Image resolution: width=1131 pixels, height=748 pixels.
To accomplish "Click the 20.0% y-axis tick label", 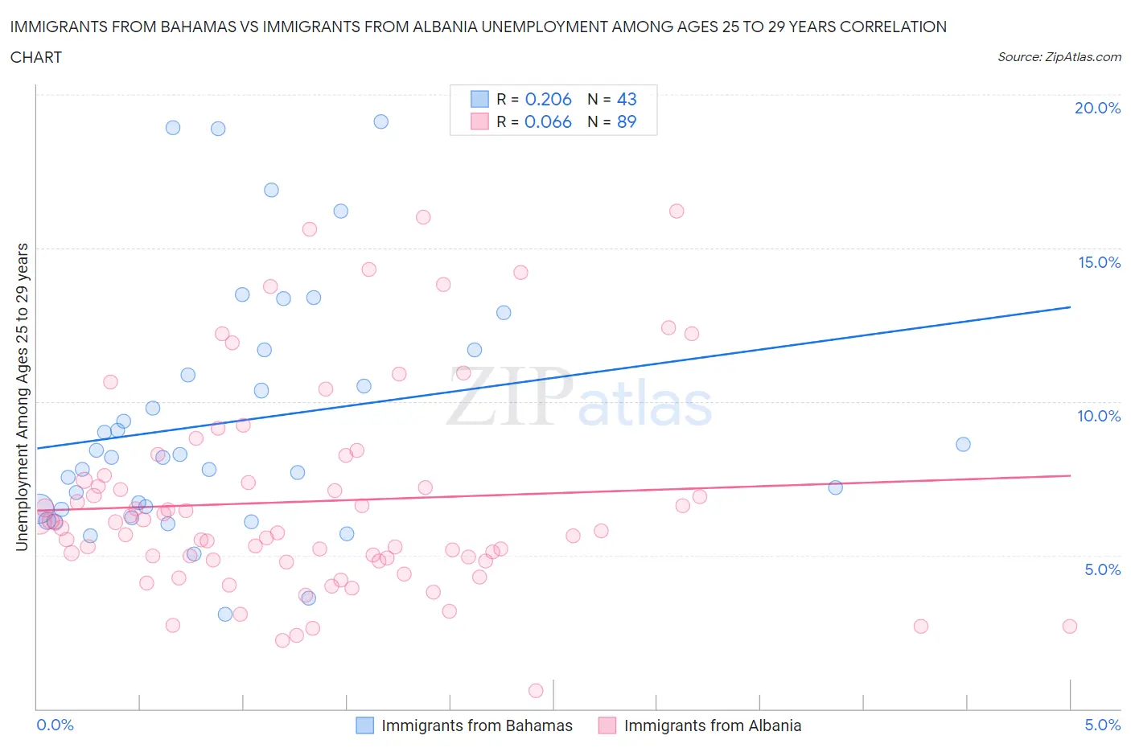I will click(1097, 108).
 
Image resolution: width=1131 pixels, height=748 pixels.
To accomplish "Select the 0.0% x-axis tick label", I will click(55, 725).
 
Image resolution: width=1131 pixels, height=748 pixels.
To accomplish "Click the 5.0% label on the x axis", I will click(1102, 725).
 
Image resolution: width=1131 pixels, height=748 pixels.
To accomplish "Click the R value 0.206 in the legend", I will click(548, 99).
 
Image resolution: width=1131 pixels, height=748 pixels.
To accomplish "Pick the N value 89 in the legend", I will click(627, 121).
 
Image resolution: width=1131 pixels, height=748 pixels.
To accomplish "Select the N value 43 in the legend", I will click(627, 99).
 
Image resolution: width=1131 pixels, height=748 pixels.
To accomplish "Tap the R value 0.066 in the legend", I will click(548, 121).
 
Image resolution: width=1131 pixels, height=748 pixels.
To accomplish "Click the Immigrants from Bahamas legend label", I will click(477, 725).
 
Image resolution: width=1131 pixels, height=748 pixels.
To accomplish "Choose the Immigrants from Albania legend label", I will click(713, 725).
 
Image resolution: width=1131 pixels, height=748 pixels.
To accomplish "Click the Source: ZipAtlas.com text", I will click(1059, 56).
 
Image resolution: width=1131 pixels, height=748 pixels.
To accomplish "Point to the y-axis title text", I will click(22, 397).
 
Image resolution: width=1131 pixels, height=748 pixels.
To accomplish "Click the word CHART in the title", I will click(36, 57).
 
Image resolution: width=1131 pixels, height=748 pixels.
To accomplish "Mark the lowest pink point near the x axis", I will click(536, 690).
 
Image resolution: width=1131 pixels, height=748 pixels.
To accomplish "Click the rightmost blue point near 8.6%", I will click(963, 444).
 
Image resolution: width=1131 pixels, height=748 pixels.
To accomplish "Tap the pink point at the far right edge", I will click(1069, 626).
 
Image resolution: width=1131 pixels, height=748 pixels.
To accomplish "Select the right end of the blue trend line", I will click(1070, 307).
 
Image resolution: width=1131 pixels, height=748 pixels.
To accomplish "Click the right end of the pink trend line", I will click(1070, 475).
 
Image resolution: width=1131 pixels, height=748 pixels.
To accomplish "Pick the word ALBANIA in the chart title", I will click(443, 27).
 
